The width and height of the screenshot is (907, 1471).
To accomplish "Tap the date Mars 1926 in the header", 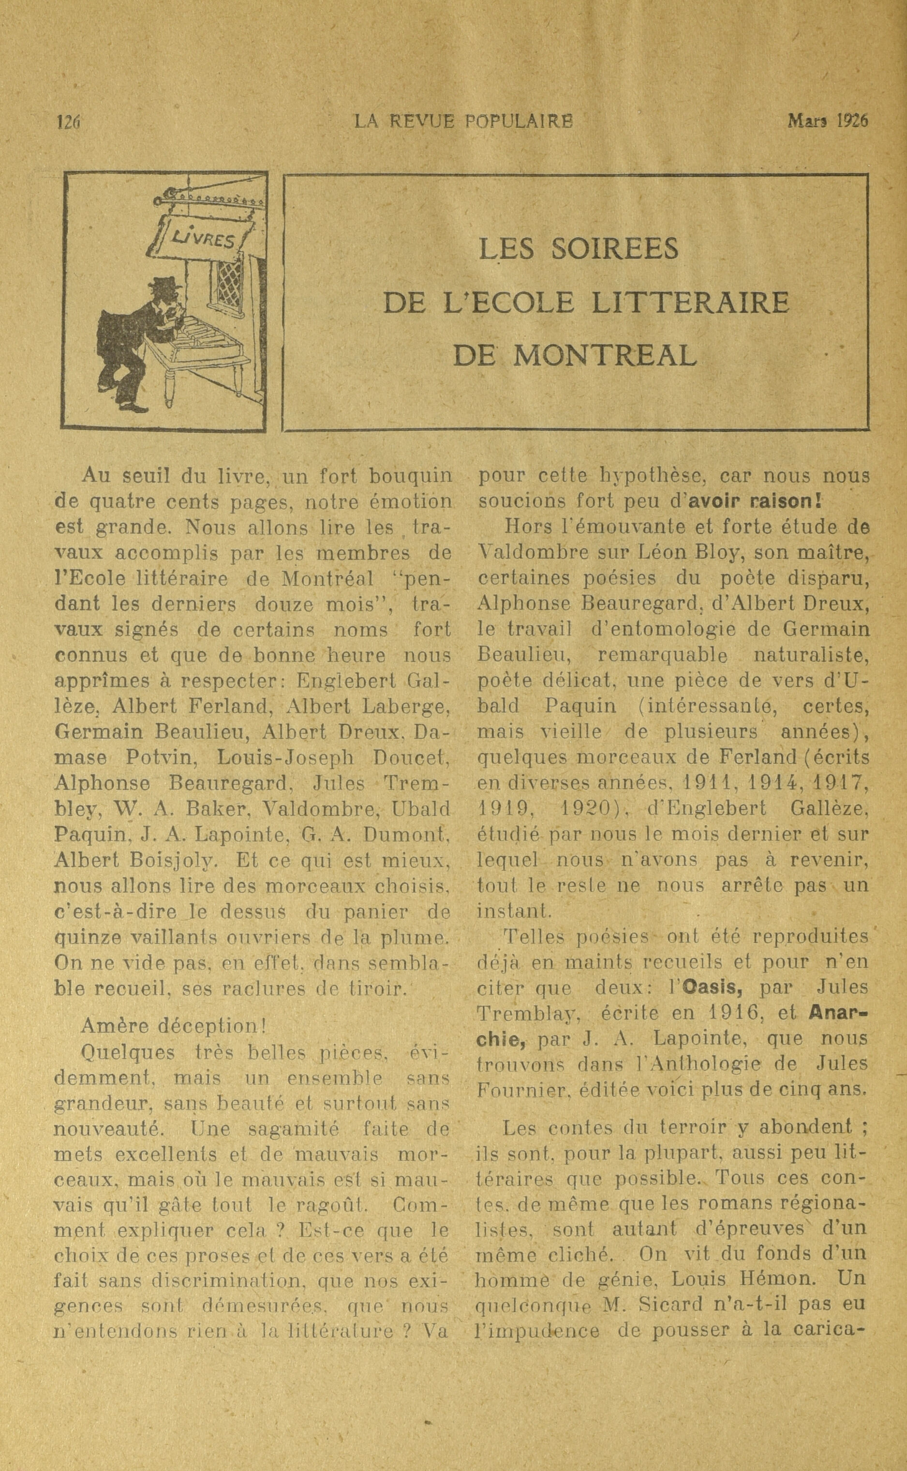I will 828,122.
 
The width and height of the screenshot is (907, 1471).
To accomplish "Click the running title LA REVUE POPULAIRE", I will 463,122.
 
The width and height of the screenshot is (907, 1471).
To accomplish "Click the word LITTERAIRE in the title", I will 690,303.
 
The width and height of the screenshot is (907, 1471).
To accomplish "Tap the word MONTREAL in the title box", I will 605,355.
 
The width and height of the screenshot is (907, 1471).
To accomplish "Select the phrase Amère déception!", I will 173,1026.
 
